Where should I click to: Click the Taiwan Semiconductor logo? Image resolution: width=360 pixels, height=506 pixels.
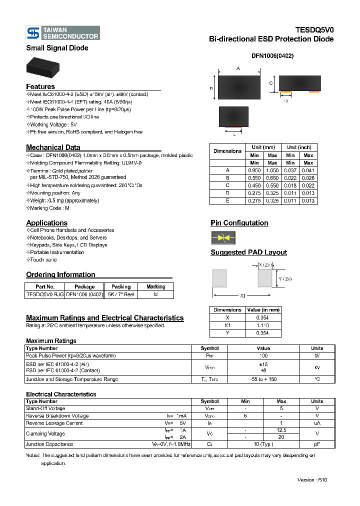(x=63, y=33)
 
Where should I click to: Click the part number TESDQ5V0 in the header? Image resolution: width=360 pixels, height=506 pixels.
(x=314, y=30)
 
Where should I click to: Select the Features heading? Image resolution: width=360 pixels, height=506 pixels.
(x=40, y=86)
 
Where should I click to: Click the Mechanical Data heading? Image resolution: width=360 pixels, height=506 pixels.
(x=53, y=147)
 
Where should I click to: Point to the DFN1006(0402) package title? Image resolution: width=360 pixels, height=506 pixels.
(x=272, y=56)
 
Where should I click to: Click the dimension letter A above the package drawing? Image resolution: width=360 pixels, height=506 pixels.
(x=238, y=68)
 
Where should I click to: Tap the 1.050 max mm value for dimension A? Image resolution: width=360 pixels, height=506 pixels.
(x=272, y=170)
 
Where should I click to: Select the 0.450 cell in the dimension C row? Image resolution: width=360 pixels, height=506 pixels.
(x=254, y=185)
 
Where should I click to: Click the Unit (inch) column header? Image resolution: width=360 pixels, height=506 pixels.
(x=299, y=147)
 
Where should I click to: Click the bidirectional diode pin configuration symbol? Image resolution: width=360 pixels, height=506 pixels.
(x=223, y=238)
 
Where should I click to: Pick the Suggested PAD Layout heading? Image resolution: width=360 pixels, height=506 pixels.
(x=248, y=252)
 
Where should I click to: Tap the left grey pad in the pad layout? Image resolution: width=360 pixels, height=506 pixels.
(x=219, y=278)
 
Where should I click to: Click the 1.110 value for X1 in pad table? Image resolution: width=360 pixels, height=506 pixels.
(x=263, y=325)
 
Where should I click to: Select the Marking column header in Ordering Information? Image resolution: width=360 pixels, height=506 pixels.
(x=155, y=287)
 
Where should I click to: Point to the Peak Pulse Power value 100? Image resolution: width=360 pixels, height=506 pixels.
(x=263, y=355)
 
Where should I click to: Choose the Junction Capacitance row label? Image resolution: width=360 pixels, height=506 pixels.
(x=49, y=444)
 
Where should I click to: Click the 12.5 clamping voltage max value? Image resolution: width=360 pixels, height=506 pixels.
(x=281, y=430)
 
